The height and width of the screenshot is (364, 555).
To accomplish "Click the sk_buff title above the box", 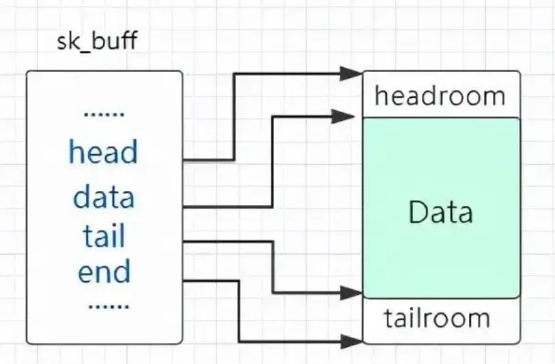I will point(97,41).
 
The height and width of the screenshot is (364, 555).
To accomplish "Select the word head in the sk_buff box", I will point(102,152).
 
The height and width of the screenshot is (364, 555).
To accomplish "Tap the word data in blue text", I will point(104,198).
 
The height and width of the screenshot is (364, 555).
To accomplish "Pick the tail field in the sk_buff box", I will point(104,236).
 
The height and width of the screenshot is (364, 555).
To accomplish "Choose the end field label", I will point(104,272).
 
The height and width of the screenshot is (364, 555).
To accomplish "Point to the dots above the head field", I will point(104,114).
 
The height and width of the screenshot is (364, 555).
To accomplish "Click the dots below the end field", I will point(109,306).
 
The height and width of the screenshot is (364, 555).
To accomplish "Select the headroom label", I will point(440,96).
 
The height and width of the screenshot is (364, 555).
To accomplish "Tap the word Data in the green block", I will point(440,213).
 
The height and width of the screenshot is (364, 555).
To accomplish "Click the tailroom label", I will point(436,318).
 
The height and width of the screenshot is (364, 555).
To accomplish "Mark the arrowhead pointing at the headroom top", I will point(352,72).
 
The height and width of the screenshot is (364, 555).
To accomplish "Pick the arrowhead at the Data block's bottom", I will point(352,293).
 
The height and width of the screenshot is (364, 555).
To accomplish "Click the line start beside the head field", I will point(186,160).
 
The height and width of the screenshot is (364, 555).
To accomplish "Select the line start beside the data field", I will point(186,206).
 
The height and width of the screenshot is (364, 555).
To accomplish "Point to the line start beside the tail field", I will point(186,241).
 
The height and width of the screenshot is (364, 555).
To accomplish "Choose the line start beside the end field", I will point(186,280).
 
